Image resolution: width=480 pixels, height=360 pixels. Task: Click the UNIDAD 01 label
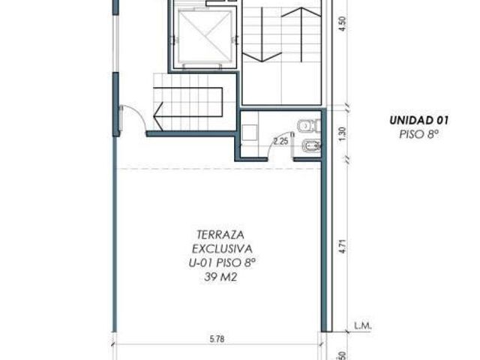point(418,120)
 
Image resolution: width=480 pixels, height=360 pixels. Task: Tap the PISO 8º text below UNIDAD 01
point(418,134)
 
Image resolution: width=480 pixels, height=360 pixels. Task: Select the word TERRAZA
point(220,235)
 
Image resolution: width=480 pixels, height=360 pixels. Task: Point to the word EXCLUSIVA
point(222,249)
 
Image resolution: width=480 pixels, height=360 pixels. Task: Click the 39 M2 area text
point(220,277)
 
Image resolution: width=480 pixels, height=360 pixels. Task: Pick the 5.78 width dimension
point(217,339)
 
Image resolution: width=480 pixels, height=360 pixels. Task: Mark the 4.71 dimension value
point(343,247)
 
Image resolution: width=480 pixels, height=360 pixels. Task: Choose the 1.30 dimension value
point(343,133)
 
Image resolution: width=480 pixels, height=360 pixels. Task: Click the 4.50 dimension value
point(343,23)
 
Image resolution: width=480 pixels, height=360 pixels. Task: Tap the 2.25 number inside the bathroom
point(281,141)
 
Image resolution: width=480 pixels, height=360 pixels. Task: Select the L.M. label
point(363,326)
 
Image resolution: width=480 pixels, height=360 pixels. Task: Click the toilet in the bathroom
point(309,125)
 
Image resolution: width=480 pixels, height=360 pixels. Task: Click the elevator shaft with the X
point(204,36)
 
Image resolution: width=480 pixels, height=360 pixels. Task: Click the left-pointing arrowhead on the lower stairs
point(158,116)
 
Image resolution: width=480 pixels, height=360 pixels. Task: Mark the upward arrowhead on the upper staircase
point(301,12)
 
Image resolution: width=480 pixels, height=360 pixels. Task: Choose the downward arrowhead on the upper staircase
point(262,57)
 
